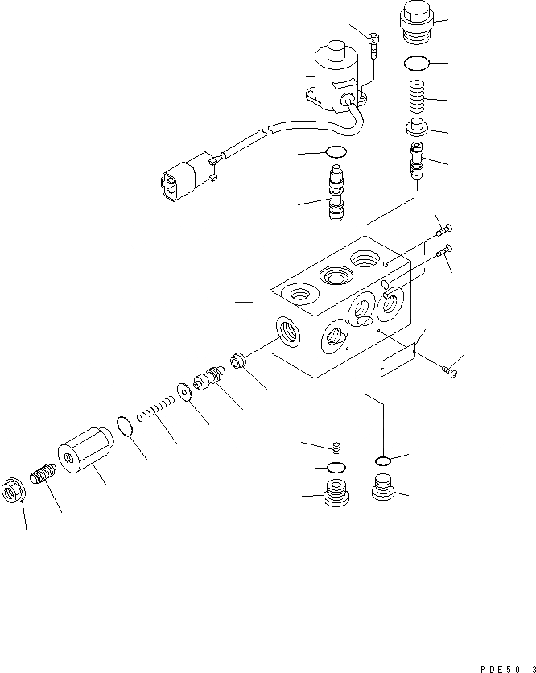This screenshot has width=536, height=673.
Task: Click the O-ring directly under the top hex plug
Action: tap(415, 64)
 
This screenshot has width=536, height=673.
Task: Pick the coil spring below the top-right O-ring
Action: tap(415, 98)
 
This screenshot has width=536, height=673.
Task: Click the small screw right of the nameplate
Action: tap(450, 370)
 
